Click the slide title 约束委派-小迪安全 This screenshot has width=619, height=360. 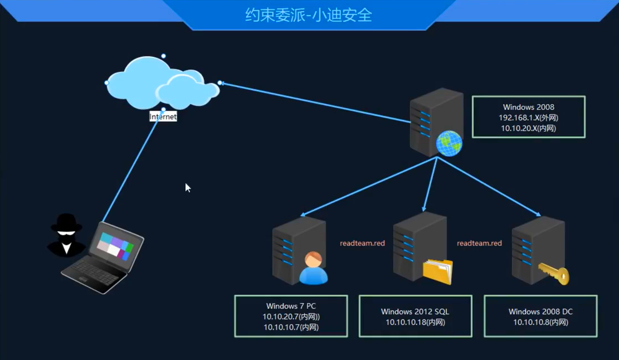click(309, 15)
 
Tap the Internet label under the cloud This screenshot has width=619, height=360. click(163, 117)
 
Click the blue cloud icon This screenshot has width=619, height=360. click(162, 84)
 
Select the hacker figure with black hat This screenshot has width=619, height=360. click(66, 235)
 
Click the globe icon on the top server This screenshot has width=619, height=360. click(449, 143)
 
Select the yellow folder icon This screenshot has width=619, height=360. click(437, 271)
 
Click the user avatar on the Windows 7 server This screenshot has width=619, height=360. click(313, 268)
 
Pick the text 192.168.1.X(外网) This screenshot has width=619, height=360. click(528, 118)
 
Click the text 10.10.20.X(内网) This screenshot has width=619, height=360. click(528, 128)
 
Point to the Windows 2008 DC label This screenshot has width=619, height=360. click(540, 312)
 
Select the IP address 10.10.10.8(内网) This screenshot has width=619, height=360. click(540, 322)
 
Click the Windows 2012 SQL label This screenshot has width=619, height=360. click(415, 312)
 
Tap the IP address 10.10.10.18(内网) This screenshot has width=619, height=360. click(415, 322)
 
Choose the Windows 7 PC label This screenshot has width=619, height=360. click(291, 306)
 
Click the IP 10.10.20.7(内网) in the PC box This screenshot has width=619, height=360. click(291, 317)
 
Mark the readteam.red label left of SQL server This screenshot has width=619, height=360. click(362, 244)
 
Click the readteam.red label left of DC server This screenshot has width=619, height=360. click(479, 244)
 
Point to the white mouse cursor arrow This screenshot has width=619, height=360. click(188, 187)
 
